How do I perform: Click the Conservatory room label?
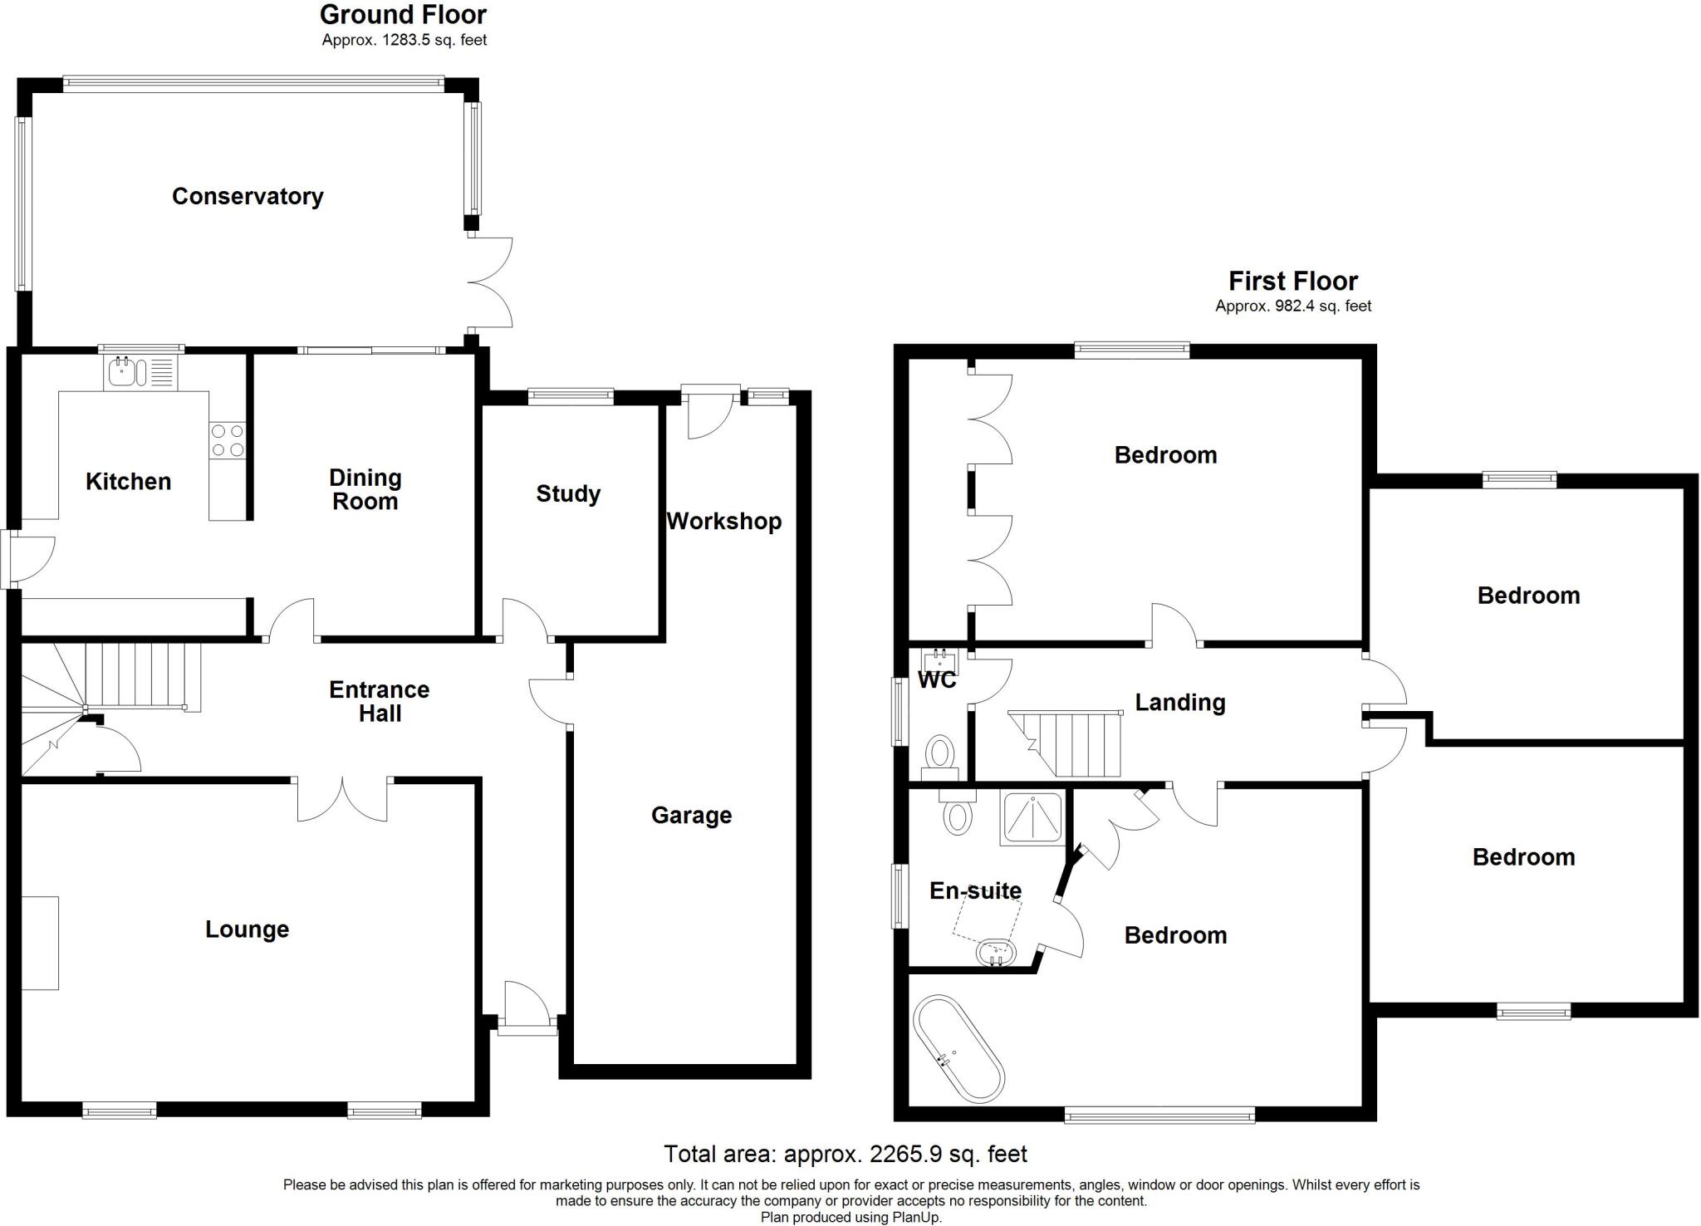pos(248,197)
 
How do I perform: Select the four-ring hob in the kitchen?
pos(228,440)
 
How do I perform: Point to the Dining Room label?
pos(365,489)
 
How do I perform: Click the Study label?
pos(568,494)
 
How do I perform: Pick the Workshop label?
pos(724,522)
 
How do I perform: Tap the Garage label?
pos(691,816)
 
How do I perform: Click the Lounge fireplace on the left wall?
pos(40,943)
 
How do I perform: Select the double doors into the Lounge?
pos(342,799)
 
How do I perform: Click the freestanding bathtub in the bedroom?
pos(958,1049)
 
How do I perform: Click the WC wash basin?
pos(939,661)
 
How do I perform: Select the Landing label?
pos(1180,703)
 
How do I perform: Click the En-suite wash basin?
pos(997,953)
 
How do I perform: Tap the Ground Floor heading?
pos(403,15)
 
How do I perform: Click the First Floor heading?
pos(1293,281)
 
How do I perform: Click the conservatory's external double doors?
pos(490,282)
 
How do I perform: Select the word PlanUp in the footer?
pos(916,1218)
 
